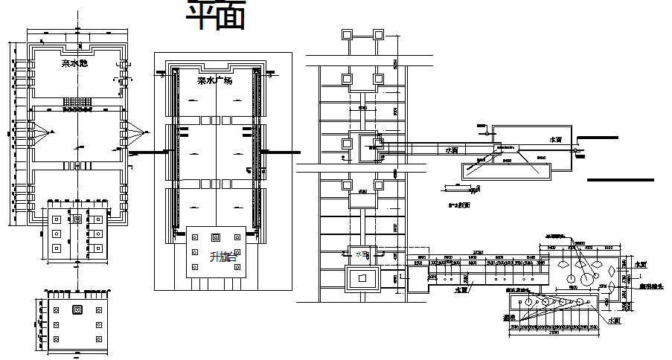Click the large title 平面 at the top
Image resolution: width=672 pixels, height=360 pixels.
(215, 16)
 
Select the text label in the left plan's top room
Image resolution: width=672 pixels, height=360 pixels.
(75, 64)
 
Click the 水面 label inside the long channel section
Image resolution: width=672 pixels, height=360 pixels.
(451, 150)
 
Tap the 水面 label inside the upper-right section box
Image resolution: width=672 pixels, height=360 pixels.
(555, 140)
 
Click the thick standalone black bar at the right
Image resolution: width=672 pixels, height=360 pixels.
(620, 180)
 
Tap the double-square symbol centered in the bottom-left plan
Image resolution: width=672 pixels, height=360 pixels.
(76, 309)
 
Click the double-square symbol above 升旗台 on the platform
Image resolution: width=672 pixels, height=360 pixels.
(216, 238)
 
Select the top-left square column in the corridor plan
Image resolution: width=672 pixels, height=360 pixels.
(348, 35)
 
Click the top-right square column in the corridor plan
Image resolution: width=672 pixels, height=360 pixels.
(379, 35)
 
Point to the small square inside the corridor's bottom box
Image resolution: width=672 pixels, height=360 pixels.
(362, 277)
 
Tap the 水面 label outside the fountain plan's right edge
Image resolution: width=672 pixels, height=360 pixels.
(641, 264)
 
